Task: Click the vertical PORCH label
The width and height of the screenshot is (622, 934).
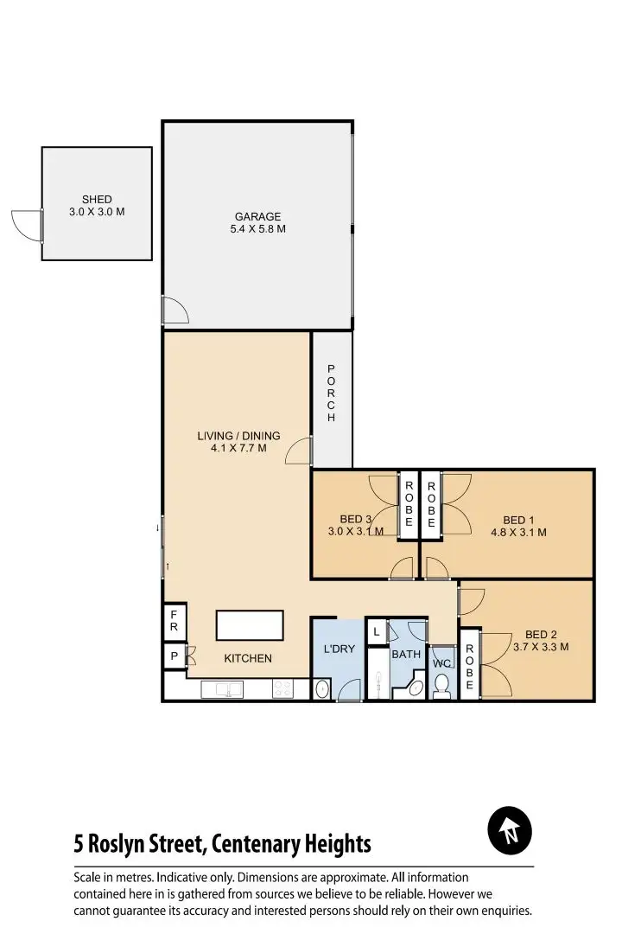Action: click(x=331, y=393)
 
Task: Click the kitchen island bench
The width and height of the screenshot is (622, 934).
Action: click(x=250, y=624)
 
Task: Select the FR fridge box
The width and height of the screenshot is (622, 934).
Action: click(x=174, y=620)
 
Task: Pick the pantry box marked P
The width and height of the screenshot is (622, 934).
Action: click(x=174, y=656)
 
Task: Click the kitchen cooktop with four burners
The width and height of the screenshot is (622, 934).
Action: click(x=282, y=689)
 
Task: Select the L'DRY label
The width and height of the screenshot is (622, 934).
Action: click(x=339, y=649)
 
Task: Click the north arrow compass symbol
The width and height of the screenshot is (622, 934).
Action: click(x=510, y=832)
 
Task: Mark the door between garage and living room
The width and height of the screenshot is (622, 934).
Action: click(x=174, y=310)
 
